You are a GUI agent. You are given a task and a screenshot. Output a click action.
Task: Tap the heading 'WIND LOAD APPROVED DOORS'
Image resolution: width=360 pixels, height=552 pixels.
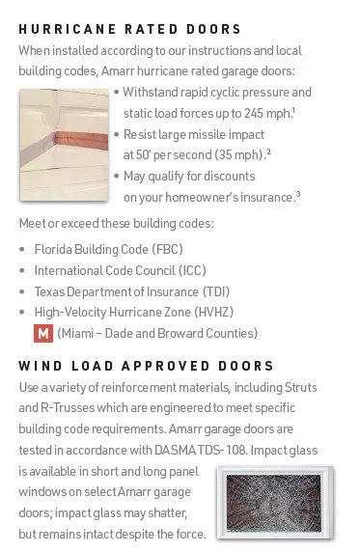[x=147, y=366]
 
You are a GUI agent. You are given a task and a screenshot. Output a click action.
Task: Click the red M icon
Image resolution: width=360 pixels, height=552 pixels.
[x=42, y=334]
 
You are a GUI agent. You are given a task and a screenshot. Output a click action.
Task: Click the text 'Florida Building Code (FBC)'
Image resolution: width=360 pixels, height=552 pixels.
[x=108, y=249]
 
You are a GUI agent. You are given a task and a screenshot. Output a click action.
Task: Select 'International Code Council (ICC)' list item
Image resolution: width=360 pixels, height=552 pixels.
[x=120, y=270]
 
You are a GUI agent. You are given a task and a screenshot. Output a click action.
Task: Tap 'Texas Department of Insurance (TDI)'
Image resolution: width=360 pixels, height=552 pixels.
[x=119, y=291]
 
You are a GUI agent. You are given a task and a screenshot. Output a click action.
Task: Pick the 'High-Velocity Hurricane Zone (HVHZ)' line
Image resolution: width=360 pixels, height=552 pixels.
[x=133, y=313]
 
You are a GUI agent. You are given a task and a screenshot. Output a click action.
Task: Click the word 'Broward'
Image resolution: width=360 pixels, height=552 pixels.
[x=178, y=334]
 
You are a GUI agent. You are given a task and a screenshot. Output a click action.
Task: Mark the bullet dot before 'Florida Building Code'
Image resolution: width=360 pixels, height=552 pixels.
[x=22, y=249]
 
